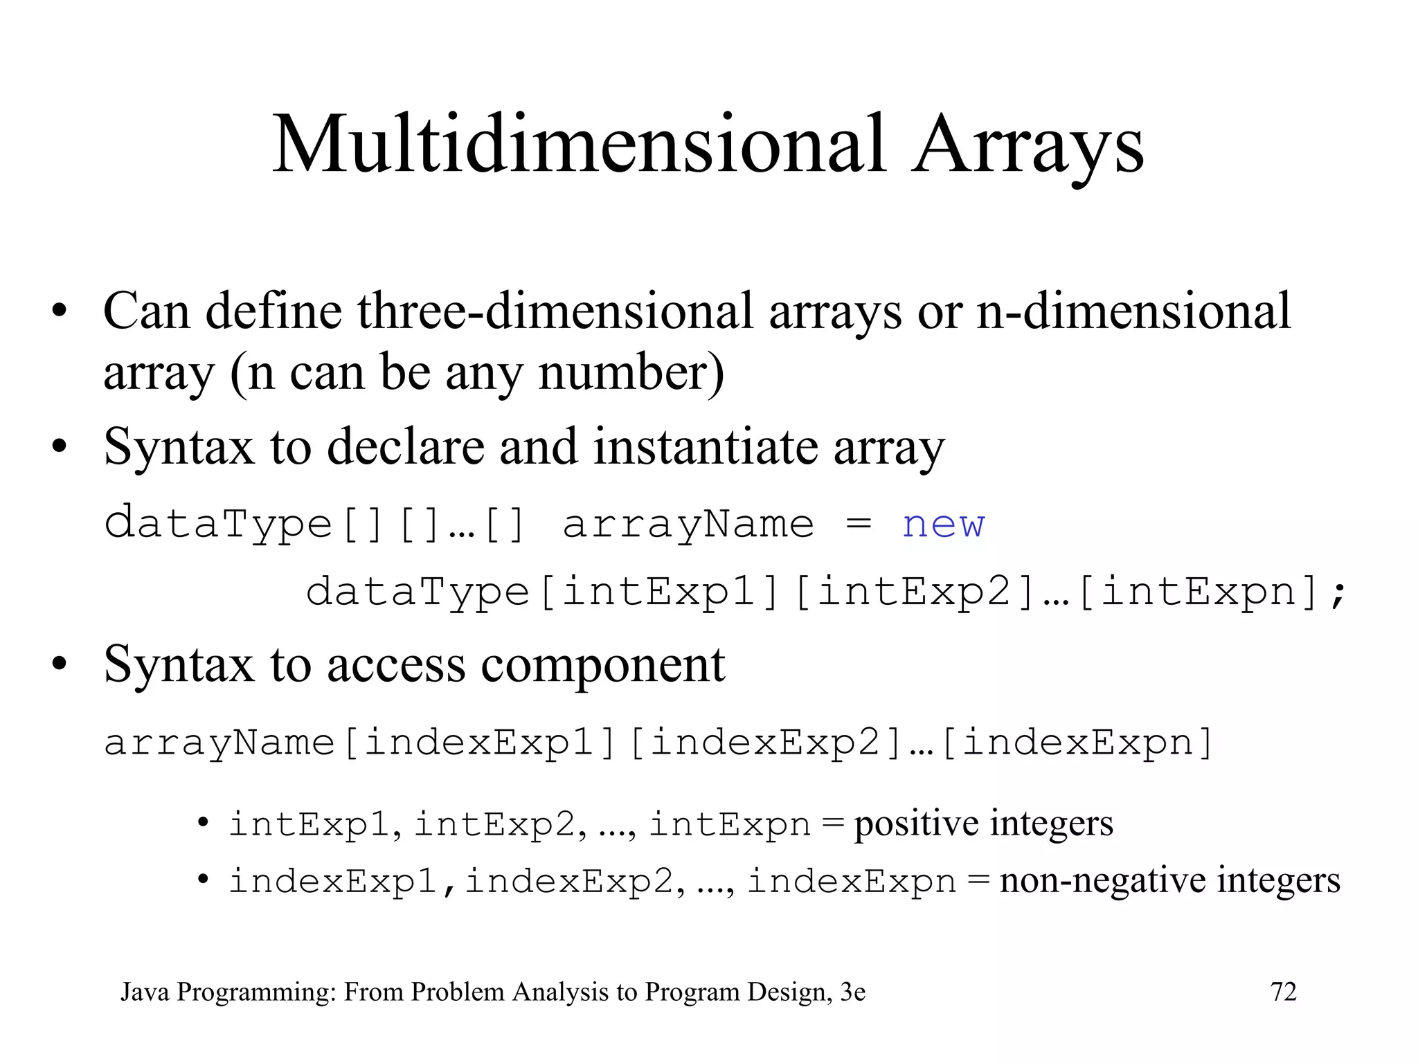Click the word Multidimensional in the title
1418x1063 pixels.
pyautogui.click(x=579, y=145)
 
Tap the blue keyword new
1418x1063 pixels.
pyautogui.click(x=942, y=524)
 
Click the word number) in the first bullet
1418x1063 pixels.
pyautogui.click(x=631, y=372)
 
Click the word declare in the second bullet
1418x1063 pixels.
pyautogui.click(x=405, y=446)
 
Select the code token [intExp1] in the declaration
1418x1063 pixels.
pyautogui.click(x=658, y=592)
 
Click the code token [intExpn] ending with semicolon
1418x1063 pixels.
pyautogui.click(x=1211, y=592)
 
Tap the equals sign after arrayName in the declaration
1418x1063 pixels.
pyautogui.click(x=859, y=524)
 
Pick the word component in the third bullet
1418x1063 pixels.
pyautogui.click(x=602, y=664)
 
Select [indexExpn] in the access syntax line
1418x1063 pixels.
pyautogui.click(x=1077, y=743)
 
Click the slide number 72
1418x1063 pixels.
pyautogui.click(x=1284, y=992)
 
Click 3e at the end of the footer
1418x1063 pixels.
pyautogui.click(x=852, y=992)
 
